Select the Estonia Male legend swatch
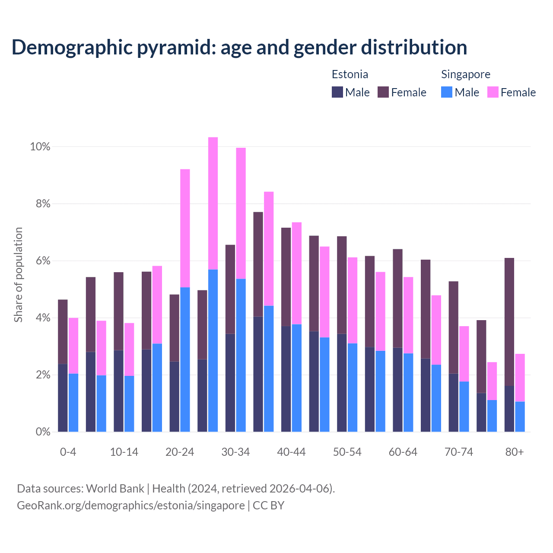(x=337, y=92)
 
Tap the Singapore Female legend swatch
(x=493, y=92)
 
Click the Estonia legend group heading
(x=350, y=74)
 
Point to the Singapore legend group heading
(x=465, y=74)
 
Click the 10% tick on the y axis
(x=40, y=147)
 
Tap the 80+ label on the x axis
(x=514, y=452)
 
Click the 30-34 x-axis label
(x=235, y=452)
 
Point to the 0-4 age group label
(x=68, y=452)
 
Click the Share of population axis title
(x=18, y=275)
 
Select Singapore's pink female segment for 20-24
(x=185, y=228)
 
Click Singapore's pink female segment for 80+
(x=520, y=378)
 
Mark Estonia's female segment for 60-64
(x=397, y=298)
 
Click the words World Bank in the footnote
(x=115, y=489)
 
